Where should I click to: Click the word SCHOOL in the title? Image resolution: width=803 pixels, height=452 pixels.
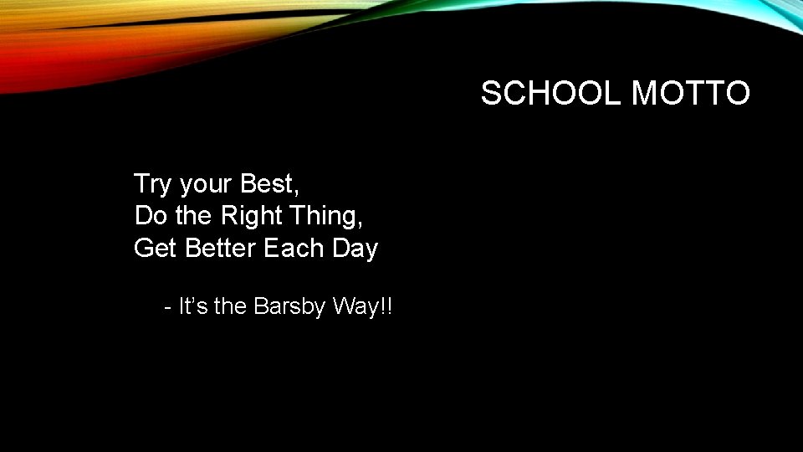[x=552, y=94]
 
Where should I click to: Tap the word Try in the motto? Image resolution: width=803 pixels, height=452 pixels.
[x=152, y=184]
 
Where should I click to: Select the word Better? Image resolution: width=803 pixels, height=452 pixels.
[x=221, y=249]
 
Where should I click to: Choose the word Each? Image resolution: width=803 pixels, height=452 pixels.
[x=294, y=249]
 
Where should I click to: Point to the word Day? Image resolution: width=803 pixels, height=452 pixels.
[x=355, y=249]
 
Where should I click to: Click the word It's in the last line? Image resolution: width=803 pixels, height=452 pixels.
[x=193, y=306]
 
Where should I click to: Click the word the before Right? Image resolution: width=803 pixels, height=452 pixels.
[x=194, y=216]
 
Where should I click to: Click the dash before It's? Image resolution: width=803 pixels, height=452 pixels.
[x=169, y=308]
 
